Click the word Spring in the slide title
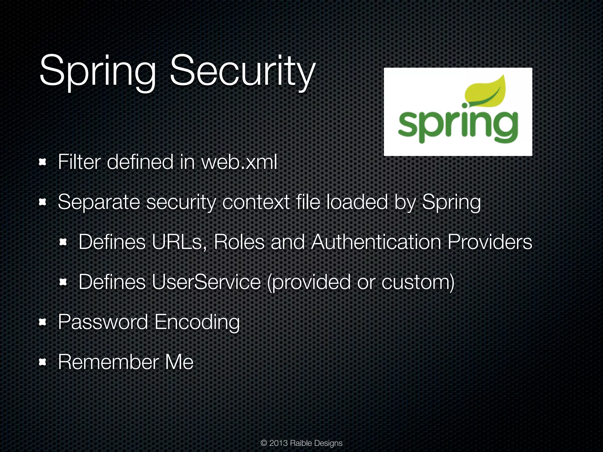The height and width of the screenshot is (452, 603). click(97, 72)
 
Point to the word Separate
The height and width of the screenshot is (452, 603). click(99, 202)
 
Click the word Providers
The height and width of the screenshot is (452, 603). click(490, 242)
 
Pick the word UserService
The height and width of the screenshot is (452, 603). click(206, 282)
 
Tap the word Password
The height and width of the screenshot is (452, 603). click(103, 322)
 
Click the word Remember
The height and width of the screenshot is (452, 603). click(108, 362)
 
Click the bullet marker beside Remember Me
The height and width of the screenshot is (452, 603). click(43, 362)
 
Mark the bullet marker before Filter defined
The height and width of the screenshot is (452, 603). click(43, 162)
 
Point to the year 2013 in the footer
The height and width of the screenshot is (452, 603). click(278, 443)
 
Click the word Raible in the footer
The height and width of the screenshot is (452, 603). click(301, 443)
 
